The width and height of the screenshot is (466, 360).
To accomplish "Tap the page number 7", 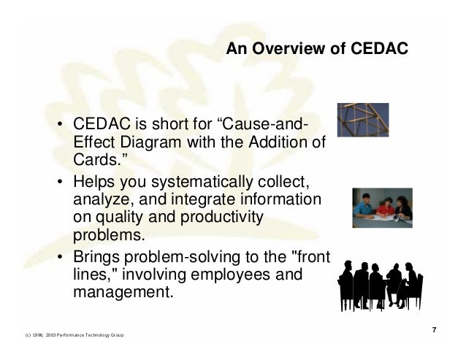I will (x=435, y=331).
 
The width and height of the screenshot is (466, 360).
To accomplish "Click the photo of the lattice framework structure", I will (x=362, y=120).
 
